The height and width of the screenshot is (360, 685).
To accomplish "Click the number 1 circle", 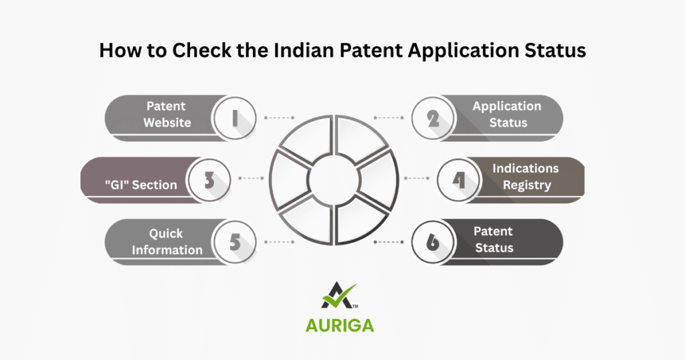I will [x=234, y=118].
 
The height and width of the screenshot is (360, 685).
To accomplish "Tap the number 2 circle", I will [x=433, y=118].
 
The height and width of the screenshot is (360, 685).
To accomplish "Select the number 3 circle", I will [x=208, y=179].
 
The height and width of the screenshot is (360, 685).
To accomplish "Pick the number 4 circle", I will [x=459, y=179].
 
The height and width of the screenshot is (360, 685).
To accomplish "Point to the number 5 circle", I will [x=234, y=242].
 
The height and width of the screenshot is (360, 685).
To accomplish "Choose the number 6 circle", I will [x=433, y=242].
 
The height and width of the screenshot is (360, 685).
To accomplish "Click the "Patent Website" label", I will [x=167, y=114].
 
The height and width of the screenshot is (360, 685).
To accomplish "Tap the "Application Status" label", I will [x=506, y=114].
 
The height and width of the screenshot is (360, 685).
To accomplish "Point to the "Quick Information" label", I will [x=167, y=242].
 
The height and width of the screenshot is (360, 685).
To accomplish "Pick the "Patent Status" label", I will [x=494, y=240].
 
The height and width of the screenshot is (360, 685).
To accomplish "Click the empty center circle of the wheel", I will [x=334, y=179].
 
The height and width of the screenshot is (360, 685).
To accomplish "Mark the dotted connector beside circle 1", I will [x=279, y=118].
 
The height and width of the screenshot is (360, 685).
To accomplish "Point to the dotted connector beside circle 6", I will [x=387, y=241].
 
